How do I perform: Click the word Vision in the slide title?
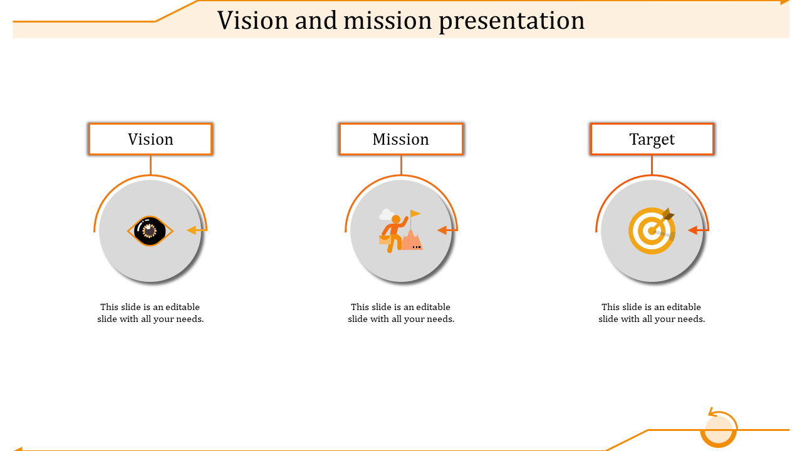253,20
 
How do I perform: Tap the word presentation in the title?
512,21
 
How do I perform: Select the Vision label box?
150,139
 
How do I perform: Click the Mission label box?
401,139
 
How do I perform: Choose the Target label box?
652,139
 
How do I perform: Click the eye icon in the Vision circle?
150,231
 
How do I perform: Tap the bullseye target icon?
652,231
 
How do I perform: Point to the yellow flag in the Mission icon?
415,214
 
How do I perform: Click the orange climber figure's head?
395,219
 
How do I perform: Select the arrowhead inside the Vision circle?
192,230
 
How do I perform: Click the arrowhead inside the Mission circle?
442,230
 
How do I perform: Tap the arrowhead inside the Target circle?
693,230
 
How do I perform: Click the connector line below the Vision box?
151,165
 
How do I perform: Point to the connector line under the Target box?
652,165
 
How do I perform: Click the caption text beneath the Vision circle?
150,313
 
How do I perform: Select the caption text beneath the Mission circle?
401,313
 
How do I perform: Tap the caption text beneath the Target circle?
652,313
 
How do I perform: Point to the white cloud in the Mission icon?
386,214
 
